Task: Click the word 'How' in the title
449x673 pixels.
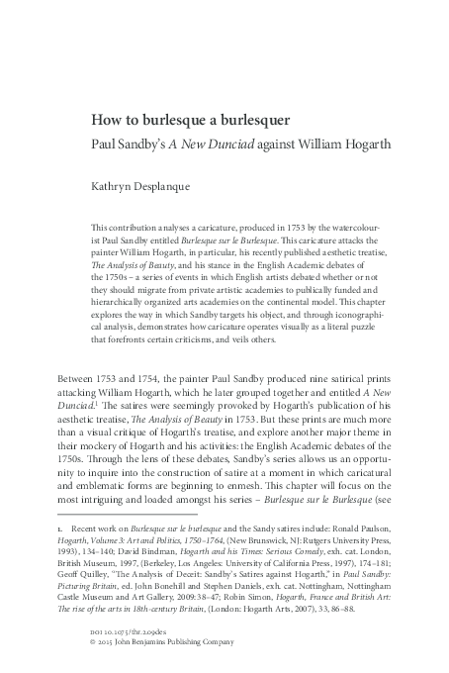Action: [x=107, y=121]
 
